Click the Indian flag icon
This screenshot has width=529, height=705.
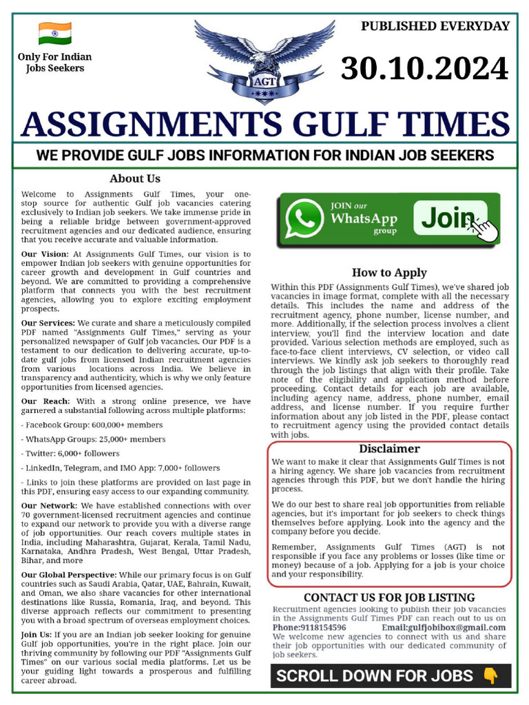tap(54, 33)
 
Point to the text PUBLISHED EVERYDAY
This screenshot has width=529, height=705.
tap(435, 26)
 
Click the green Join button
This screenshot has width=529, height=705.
tap(451, 218)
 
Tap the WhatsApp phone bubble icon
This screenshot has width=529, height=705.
tap(304, 220)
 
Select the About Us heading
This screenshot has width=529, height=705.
tap(135, 179)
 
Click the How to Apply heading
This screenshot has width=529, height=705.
tap(389, 272)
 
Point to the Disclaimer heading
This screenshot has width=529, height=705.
tap(389, 449)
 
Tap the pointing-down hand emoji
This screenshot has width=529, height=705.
tap(490, 676)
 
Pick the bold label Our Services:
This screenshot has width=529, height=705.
tap(48, 323)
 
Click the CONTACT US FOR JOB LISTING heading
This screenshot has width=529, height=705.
tap(389, 598)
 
